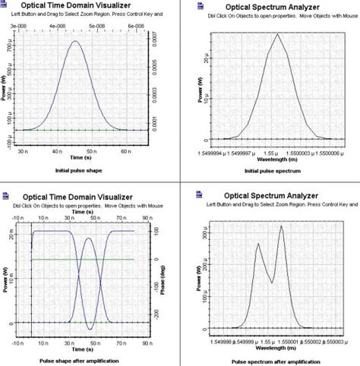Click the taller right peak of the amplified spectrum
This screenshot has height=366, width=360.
[x=282, y=226]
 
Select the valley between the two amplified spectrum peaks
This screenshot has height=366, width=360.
[x=270, y=282]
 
